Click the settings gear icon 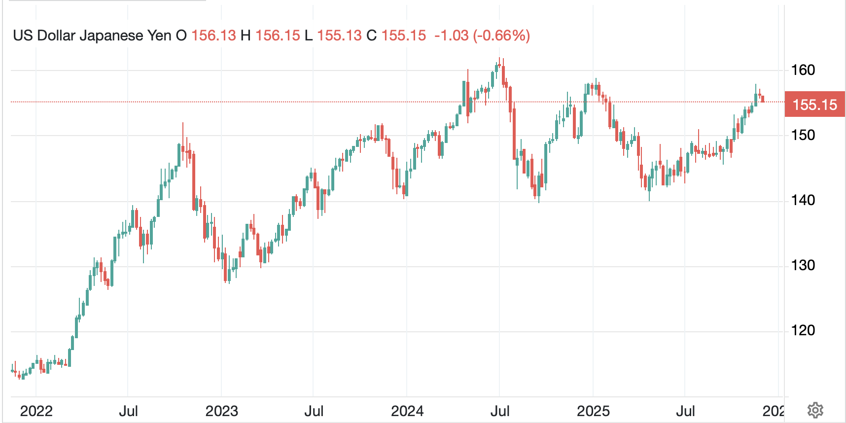(815, 410)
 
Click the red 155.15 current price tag (814, 105)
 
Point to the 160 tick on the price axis (803, 70)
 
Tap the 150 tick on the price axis (803, 135)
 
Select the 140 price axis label (803, 200)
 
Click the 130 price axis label (803, 265)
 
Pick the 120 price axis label (803, 330)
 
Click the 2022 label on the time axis (36, 411)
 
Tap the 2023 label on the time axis (221, 411)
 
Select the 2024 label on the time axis (407, 411)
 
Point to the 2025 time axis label (593, 411)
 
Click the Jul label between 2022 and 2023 (128, 411)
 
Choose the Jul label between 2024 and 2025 (500, 411)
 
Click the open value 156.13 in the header (213, 35)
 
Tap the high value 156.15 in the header (278, 35)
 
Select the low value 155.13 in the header (339, 35)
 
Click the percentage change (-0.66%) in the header (501, 35)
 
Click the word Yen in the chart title (159, 35)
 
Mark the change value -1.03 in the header (451, 35)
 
